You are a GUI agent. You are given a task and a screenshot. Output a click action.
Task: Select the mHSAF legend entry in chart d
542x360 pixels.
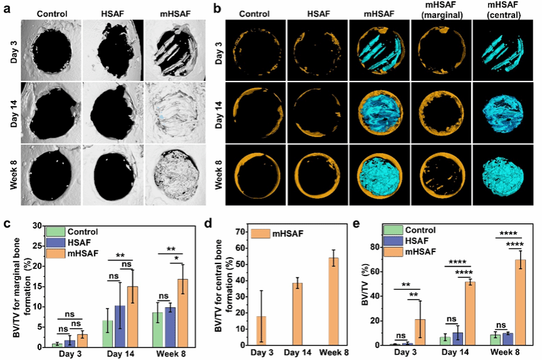pos(275,234)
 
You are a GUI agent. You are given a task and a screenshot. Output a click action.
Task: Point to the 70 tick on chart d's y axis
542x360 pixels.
pos(239,231)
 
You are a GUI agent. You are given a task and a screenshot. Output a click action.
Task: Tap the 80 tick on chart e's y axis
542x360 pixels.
pos(375,247)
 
